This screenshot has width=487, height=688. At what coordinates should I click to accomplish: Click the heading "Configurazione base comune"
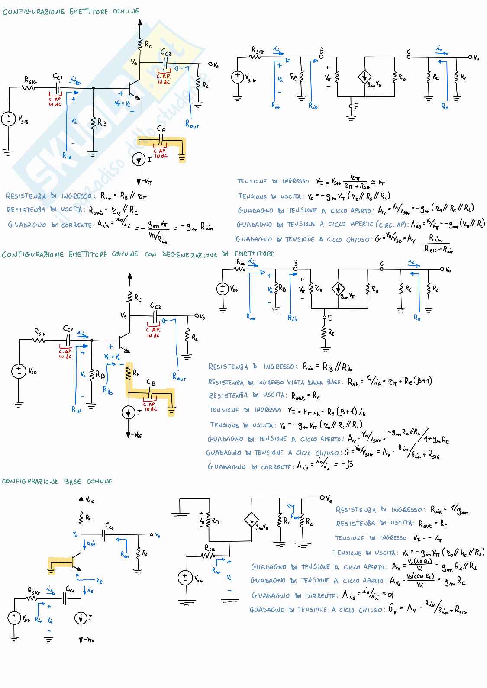[57, 481]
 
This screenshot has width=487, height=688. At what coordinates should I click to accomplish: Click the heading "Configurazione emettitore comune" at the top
[71, 12]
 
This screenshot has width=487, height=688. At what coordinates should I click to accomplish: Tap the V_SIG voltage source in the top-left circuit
[9, 119]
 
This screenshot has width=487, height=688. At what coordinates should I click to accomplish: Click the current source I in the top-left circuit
[139, 160]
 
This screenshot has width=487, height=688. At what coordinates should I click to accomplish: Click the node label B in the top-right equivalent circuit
[321, 51]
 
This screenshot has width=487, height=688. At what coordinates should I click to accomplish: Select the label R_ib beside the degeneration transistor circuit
[108, 390]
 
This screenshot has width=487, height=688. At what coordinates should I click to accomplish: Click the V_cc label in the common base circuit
[90, 501]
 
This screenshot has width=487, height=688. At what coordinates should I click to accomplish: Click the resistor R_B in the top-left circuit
[94, 123]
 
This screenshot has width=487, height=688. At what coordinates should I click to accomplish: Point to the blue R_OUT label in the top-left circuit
[192, 124]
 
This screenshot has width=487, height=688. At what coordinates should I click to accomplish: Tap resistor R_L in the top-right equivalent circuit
[457, 77]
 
